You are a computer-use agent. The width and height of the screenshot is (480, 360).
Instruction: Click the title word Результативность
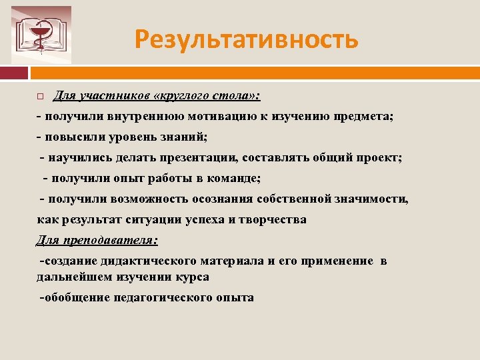[246, 39]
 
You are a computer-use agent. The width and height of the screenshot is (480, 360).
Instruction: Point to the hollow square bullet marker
[40, 97]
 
